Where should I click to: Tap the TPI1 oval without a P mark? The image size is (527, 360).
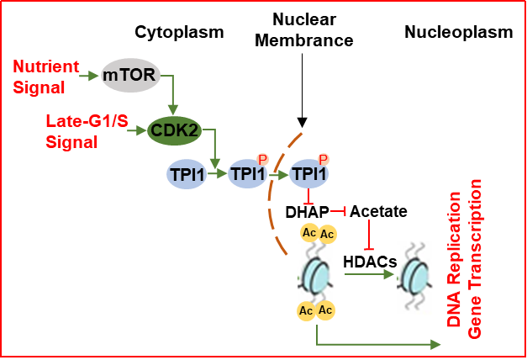(x=187, y=175)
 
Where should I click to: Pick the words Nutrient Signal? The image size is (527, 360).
(x=47, y=75)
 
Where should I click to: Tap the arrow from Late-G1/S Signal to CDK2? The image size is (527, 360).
(x=135, y=130)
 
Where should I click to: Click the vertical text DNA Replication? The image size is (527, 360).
(x=455, y=257)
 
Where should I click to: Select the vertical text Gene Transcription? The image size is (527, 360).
(x=475, y=257)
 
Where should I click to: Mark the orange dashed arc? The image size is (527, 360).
(x=274, y=202)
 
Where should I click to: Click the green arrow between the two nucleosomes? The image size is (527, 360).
(x=370, y=273)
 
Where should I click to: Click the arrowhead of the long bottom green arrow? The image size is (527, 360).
(x=435, y=344)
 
